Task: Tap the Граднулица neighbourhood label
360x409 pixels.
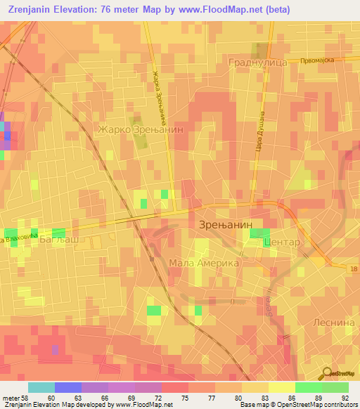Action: tap(257, 62)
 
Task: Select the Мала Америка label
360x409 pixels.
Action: tap(204, 263)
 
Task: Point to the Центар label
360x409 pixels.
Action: tap(281, 242)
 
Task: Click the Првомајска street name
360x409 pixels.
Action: tap(314, 60)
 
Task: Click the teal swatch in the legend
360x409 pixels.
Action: tap(41, 387)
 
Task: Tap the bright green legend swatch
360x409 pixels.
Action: tap(335, 387)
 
